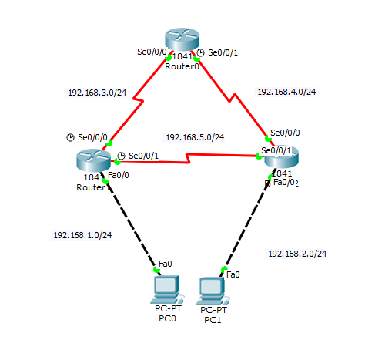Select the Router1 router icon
94,160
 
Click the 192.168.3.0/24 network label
97,93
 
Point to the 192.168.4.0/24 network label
286,91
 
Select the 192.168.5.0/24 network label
195,137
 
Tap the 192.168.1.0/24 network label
82,234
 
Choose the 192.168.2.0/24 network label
297,253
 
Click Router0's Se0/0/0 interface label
151,52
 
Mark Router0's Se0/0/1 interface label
223,52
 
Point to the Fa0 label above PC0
165,264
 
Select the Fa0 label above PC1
233,274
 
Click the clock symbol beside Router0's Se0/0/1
200,52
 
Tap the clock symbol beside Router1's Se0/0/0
71,137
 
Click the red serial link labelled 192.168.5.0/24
193,160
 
